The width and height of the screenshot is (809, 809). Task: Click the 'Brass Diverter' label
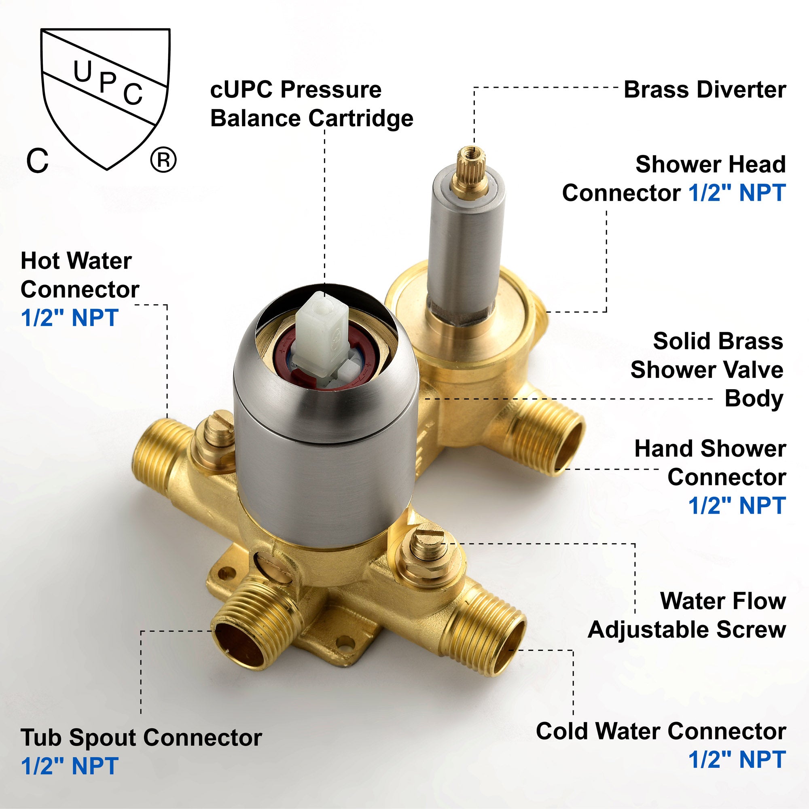coord(705,90)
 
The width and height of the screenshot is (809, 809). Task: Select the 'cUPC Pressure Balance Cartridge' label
coord(311,104)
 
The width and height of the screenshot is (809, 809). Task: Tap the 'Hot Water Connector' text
coord(80,275)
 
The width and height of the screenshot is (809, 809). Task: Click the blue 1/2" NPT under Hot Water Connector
coord(70,318)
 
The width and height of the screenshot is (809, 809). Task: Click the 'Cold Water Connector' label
coord(661,731)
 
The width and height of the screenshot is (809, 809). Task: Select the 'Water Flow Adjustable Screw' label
coord(687,615)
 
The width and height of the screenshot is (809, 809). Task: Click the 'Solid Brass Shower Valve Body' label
coord(707,370)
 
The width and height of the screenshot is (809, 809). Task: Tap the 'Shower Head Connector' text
coord(674,178)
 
